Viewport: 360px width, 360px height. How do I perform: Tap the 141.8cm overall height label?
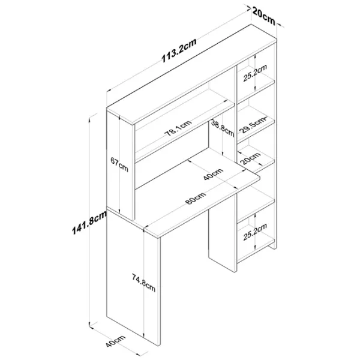pyautogui.click(x=83, y=228)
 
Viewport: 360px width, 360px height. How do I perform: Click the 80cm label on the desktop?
pyautogui.click(x=194, y=199)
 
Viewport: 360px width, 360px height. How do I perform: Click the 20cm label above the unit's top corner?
pyautogui.click(x=263, y=13)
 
